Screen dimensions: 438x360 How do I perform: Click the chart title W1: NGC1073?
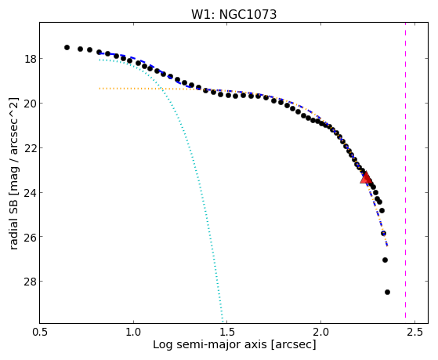click(x=233, y=14)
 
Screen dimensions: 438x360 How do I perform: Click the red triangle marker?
click(x=366, y=177)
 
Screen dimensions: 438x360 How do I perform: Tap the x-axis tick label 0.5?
click(x=40, y=332)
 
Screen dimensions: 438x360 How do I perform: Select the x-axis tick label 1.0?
click(x=133, y=332)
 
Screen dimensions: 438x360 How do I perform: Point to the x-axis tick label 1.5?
click(x=227, y=332)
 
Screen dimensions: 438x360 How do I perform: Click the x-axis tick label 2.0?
click(x=320, y=332)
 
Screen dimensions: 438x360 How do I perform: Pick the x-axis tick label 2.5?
click(x=414, y=332)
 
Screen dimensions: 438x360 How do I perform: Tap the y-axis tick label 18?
click(x=30, y=59)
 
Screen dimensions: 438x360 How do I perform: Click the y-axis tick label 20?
click(x=30, y=104)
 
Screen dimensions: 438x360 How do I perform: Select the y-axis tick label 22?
click(x=30, y=147)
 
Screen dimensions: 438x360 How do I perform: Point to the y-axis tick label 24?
click(x=30, y=192)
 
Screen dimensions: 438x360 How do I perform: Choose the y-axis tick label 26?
click(x=30, y=237)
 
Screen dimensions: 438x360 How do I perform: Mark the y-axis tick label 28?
click(x=30, y=281)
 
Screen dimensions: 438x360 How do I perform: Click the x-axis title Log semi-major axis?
click(x=209, y=345)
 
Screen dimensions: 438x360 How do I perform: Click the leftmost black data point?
click(x=67, y=47)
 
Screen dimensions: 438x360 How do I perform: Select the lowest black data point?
click(x=387, y=292)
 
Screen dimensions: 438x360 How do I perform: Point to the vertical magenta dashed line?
click(x=405, y=173)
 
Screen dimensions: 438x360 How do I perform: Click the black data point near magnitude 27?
click(x=385, y=260)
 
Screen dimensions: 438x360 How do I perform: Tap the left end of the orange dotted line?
click(x=100, y=89)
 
